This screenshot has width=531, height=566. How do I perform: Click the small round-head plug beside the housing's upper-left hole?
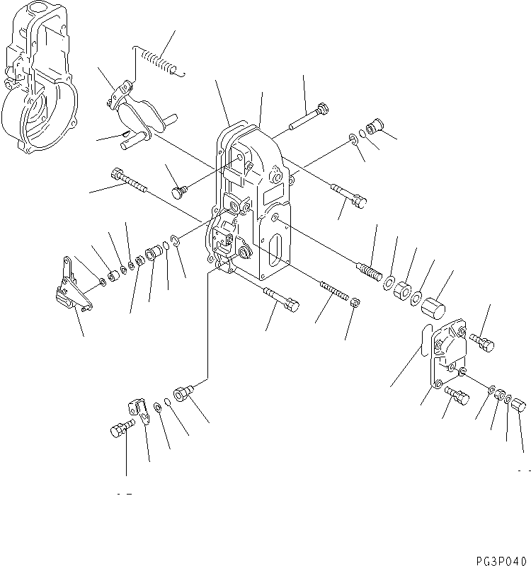181,192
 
